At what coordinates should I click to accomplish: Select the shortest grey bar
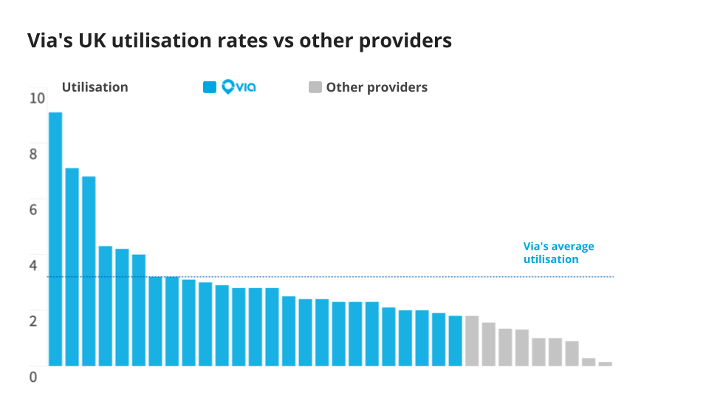[605, 364]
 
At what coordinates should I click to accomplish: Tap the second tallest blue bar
[72, 267]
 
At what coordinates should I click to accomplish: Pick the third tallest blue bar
[89, 270]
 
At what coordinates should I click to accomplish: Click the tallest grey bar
[472, 341]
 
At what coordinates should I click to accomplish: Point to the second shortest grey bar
[589, 361]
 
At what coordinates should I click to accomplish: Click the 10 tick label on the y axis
[36, 98]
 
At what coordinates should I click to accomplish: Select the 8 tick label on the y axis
[32, 154]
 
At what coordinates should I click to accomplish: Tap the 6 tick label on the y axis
[32, 210]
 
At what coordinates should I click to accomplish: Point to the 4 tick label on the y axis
[32, 265]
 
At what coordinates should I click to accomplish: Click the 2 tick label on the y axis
[32, 321]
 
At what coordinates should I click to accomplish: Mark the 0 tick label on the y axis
[32, 377]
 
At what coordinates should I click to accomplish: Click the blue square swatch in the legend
[210, 87]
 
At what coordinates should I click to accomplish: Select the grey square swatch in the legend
[315, 87]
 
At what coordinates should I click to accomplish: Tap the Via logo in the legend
[239, 87]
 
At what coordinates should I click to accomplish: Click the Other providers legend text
[377, 87]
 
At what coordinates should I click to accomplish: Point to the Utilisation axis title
[95, 87]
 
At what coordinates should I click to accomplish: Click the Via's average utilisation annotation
[558, 253]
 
